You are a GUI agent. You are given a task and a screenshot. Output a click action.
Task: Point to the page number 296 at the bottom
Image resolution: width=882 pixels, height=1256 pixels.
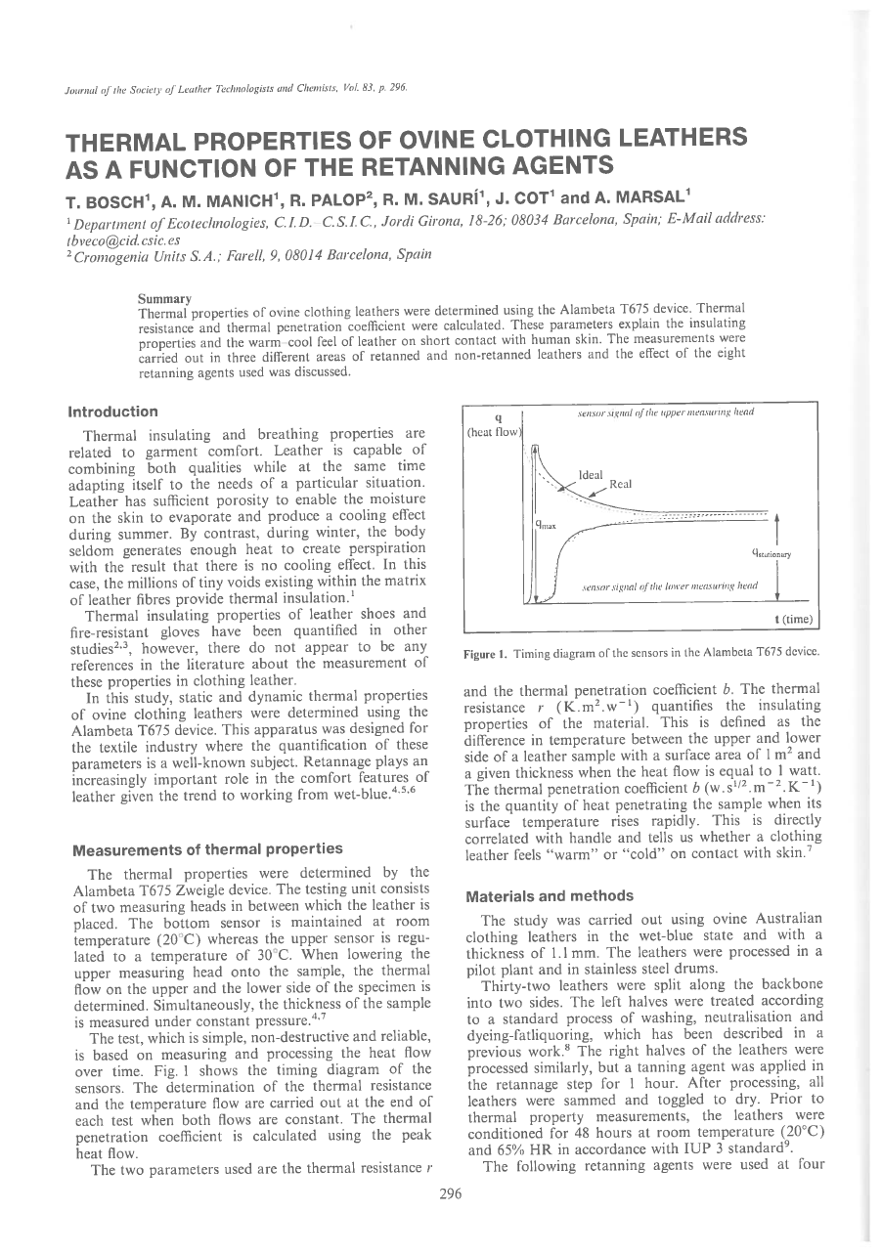pos(449,1193)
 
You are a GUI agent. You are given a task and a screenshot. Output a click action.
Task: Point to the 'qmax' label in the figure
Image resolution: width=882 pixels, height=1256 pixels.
pos(546,526)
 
